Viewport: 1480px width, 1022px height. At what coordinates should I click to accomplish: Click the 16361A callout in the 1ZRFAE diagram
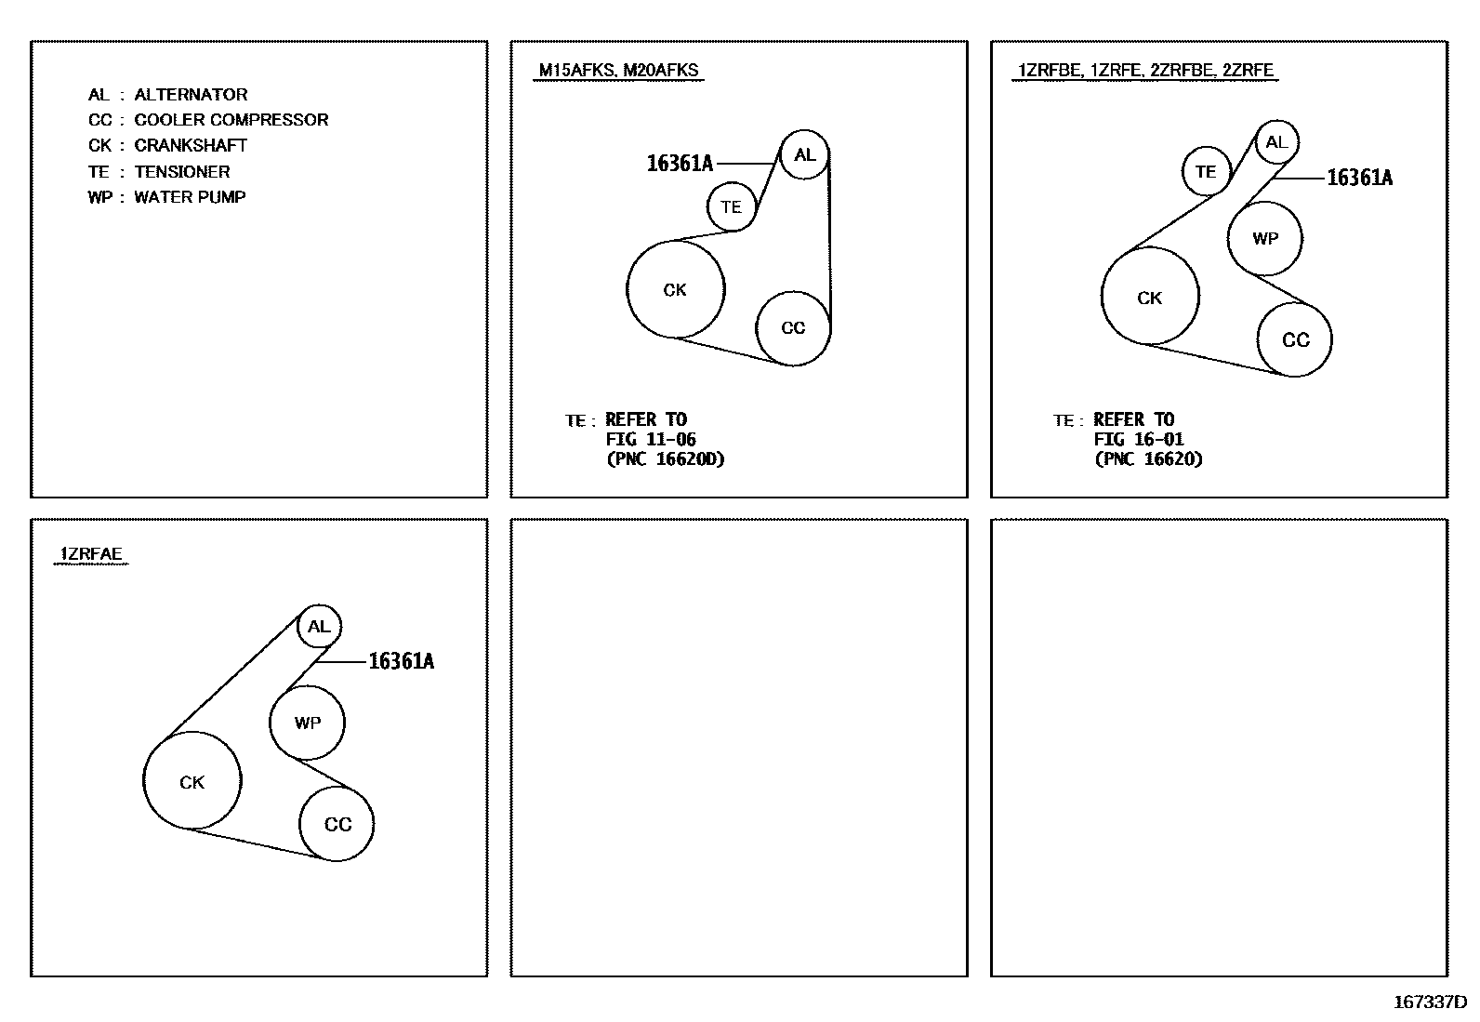pos(401,661)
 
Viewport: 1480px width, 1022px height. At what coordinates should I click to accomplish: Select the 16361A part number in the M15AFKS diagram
pos(680,164)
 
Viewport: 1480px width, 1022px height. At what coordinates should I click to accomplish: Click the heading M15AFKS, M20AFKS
pos(618,70)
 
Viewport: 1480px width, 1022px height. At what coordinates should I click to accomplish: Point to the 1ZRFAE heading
pos(91,553)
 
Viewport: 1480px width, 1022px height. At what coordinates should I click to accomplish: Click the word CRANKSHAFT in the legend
pos(191,145)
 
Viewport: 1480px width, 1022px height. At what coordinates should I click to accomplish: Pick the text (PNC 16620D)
pos(666,458)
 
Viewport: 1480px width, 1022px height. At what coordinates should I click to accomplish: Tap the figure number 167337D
pos(1430,1002)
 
